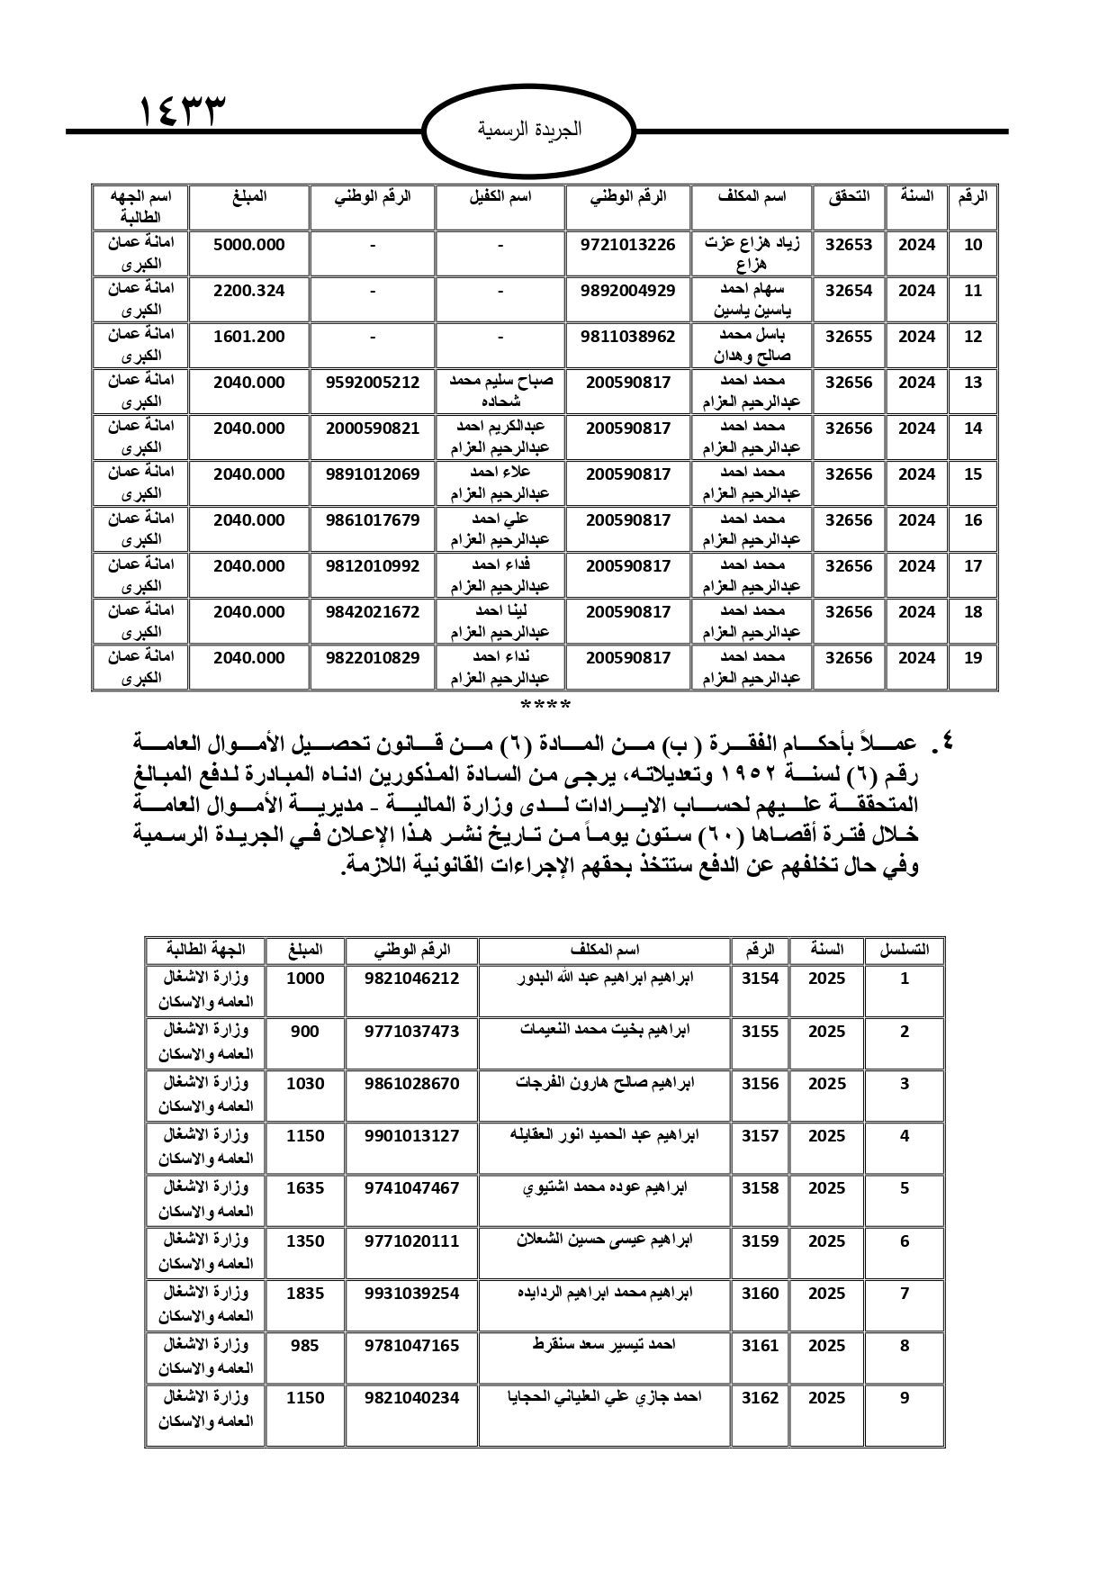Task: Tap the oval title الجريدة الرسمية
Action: pyautogui.click(x=529, y=130)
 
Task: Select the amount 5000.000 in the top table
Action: pyautogui.click(x=248, y=245)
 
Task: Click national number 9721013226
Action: pyautogui.click(x=628, y=245)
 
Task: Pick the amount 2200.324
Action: pyautogui.click(x=248, y=291)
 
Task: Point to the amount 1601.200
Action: pyautogui.click(x=248, y=337)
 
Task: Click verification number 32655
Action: pyautogui.click(x=848, y=337)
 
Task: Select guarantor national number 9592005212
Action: pyautogui.click(x=373, y=383)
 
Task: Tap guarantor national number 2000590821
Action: pyautogui.click(x=373, y=429)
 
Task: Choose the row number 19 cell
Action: pyautogui.click(x=973, y=658)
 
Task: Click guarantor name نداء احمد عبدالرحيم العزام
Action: pyautogui.click(x=500, y=667)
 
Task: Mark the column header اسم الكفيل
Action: pyautogui.click(x=500, y=196)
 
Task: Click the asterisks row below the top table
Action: pyautogui.click(x=545, y=703)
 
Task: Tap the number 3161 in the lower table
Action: pyautogui.click(x=760, y=1346)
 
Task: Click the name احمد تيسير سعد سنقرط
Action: pyautogui.click(x=604, y=1345)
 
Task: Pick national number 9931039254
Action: pyautogui.click(x=411, y=1294)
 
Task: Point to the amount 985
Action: pyautogui.click(x=305, y=1346)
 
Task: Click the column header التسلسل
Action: pyautogui.click(x=904, y=950)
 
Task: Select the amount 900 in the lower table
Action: pyautogui.click(x=305, y=1032)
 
